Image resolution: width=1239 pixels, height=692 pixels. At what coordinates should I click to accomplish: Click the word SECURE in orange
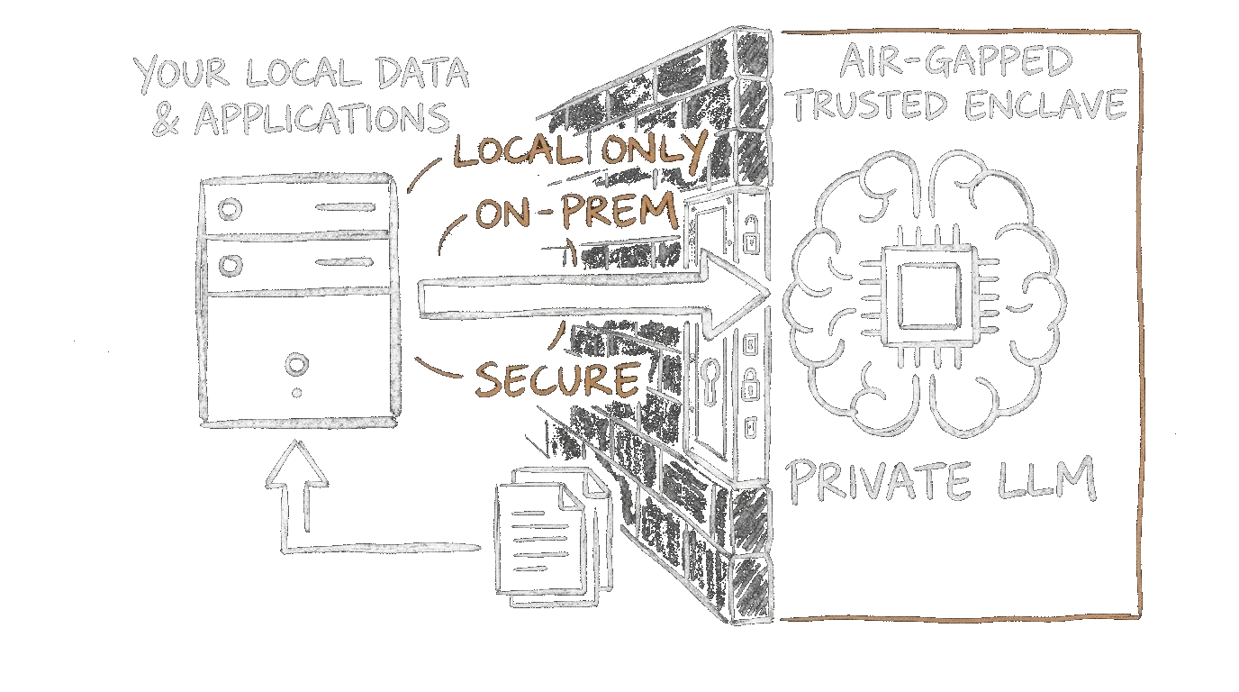[x=556, y=378]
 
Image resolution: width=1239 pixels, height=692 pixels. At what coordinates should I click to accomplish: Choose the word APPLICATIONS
[x=322, y=119]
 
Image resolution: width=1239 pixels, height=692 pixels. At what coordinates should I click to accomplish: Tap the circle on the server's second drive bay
[x=231, y=265]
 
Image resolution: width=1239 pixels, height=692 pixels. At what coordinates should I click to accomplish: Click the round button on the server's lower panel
[x=295, y=365]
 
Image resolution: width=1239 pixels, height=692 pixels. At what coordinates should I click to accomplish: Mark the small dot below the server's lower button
[x=295, y=394]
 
